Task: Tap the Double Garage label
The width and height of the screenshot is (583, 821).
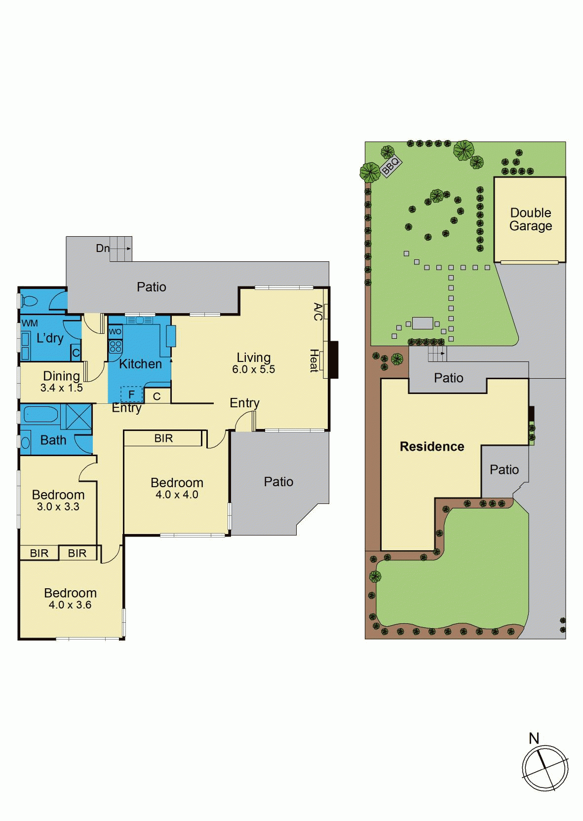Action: click(x=531, y=219)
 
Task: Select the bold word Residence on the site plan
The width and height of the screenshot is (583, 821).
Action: click(x=432, y=446)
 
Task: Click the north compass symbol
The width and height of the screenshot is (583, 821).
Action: click(x=545, y=767)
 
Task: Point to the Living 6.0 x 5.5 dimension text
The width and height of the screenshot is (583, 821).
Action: click(x=254, y=369)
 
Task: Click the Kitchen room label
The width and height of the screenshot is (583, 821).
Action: click(x=141, y=364)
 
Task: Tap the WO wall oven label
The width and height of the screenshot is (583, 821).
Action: click(x=115, y=332)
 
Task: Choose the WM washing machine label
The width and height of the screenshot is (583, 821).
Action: click(x=29, y=323)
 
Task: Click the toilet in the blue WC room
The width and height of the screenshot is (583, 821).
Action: click(x=29, y=302)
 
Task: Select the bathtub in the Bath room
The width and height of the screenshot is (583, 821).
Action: click(x=40, y=415)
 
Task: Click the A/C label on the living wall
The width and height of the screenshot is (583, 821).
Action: click(x=318, y=312)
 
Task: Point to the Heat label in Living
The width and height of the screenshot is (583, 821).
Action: click(x=313, y=360)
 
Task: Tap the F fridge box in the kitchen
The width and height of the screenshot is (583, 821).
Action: click(x=132, y=394)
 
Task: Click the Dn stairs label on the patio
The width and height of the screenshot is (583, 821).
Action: click(x=103, y=248)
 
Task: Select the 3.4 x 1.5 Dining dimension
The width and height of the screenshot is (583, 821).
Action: click(x=62, y=388)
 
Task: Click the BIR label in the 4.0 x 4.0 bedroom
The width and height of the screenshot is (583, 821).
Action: click(x=163, y=438)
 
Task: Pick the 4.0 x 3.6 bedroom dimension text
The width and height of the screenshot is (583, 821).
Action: click(x=70, y=605)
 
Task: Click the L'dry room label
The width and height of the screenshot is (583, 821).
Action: click(x=50, y=338)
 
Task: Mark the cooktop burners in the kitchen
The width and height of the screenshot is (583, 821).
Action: click(x=115, y=346)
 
